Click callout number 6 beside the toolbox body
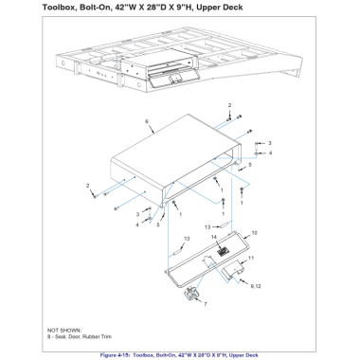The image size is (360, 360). tap(147, 121)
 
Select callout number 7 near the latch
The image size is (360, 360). tap(206, 304)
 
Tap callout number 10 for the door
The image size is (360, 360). tap(254, 233)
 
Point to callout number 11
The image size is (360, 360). tap(251, 258)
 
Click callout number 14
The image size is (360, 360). tap(214, 237)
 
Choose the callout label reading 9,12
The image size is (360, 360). tap(256, 286)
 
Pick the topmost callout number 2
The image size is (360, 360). tap(230, 105)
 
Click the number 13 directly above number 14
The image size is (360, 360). tap(207, 226)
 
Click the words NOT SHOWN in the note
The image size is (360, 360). tap(64, 331)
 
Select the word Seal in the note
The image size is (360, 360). tap(60, 336)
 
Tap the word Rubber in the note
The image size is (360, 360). tap(91, 336)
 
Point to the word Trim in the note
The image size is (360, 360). tap(105, 336)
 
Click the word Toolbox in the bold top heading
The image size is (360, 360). tap(60, 8)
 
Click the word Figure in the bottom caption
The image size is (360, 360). tap(108, 355)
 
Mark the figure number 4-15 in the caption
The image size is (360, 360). tap(124, 355)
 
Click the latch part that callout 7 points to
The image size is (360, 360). tap(191, 294)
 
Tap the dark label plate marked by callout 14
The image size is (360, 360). tap(223, 251)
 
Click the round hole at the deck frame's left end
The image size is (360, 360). tap(63, 63)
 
